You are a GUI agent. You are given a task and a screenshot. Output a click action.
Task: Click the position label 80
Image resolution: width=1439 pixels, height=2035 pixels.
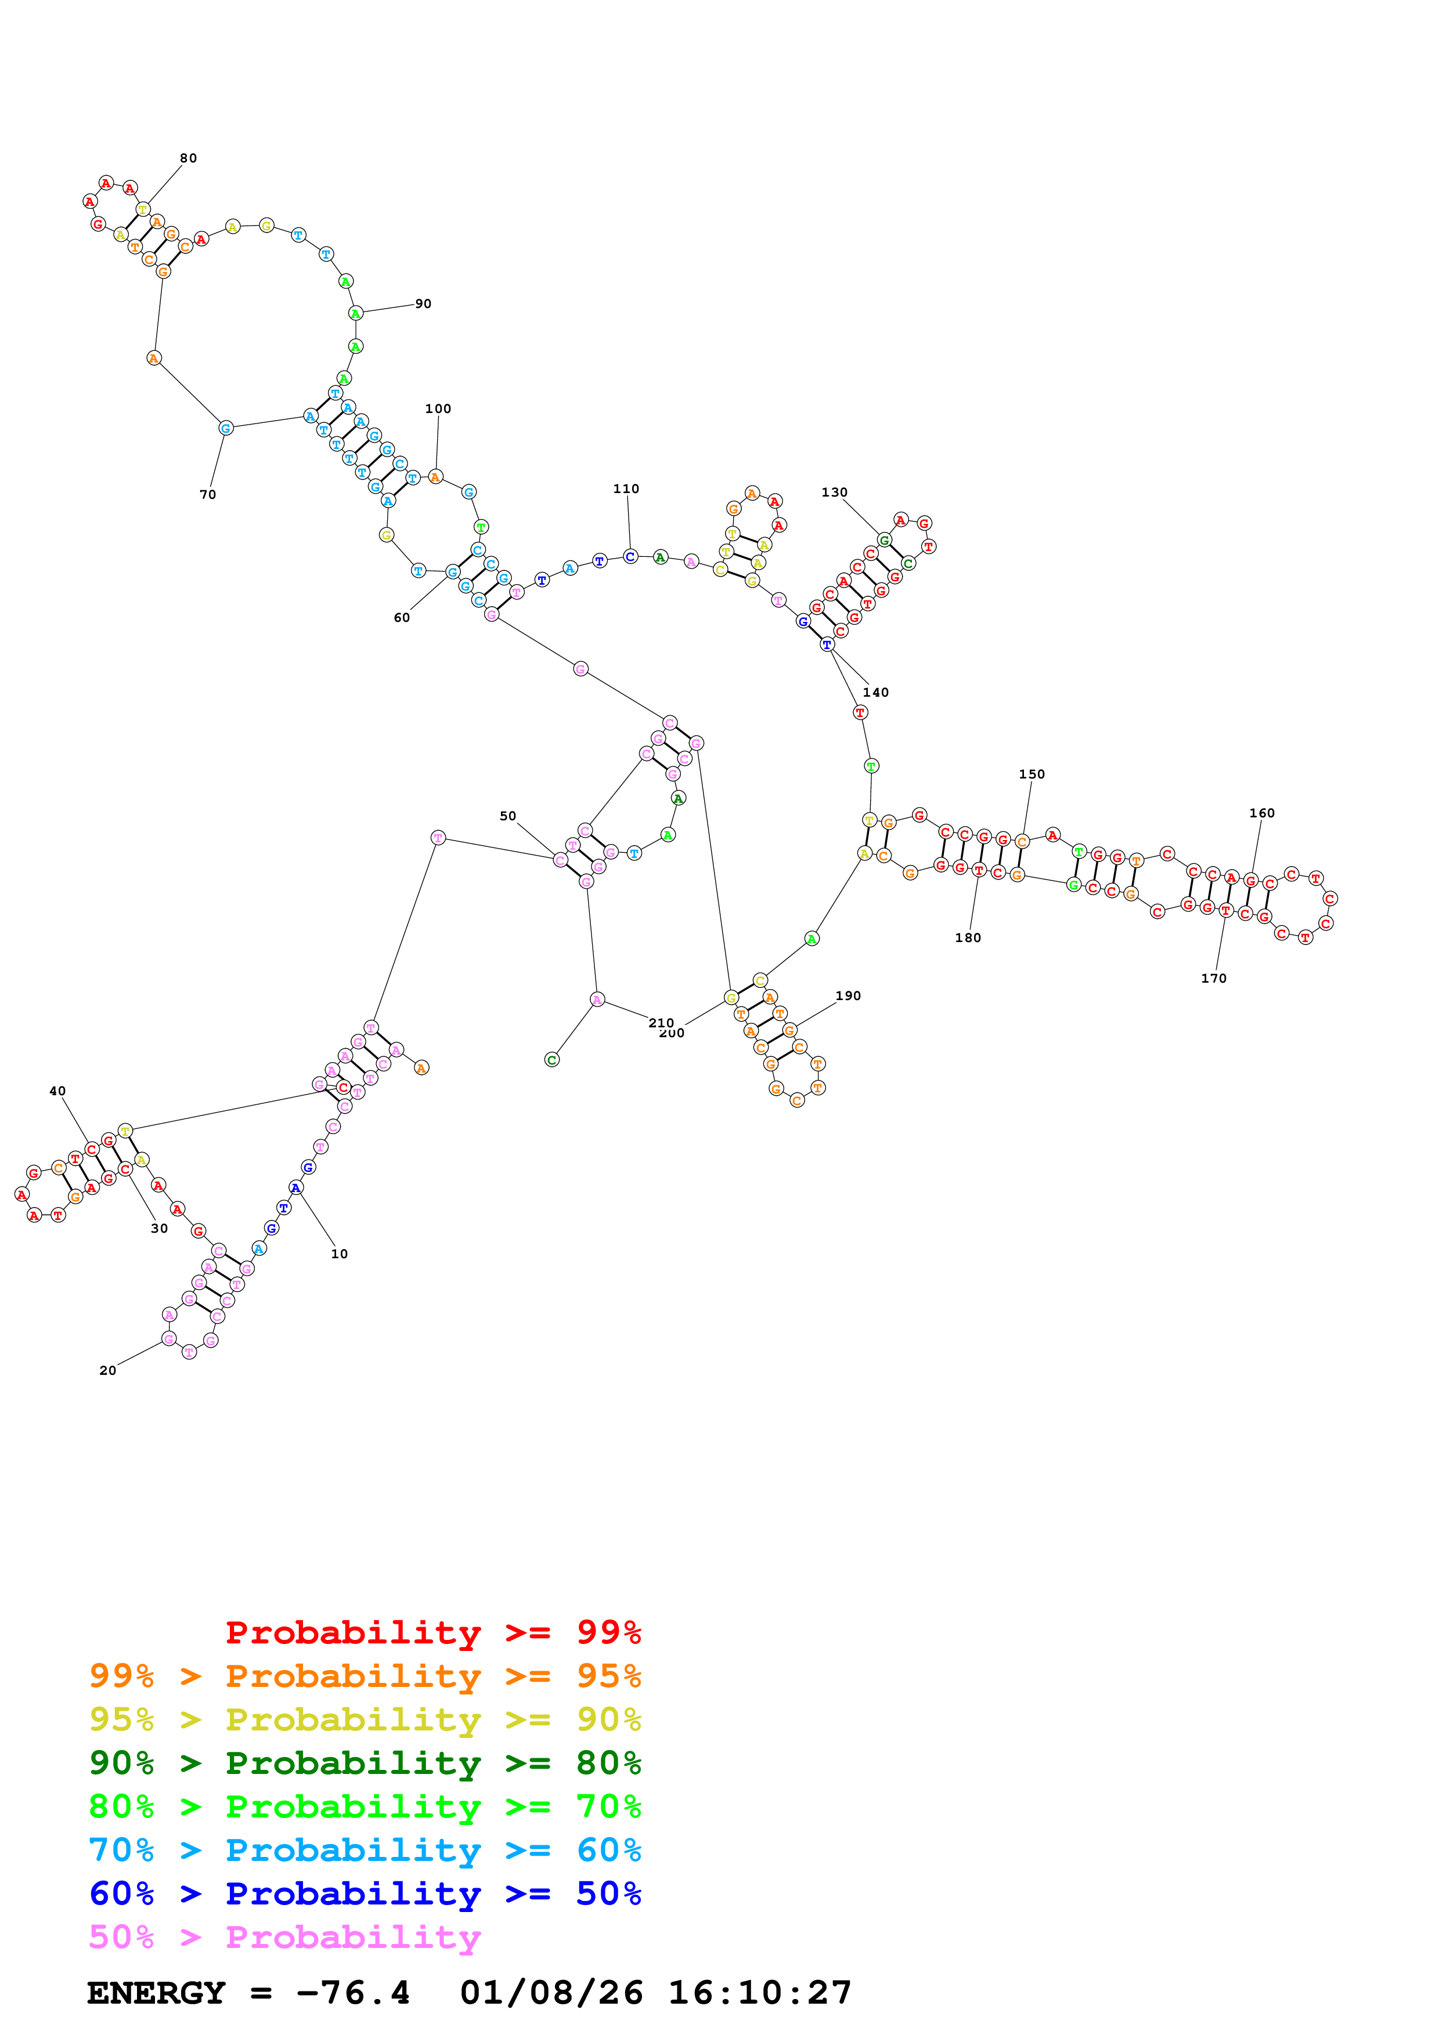pos(188,158)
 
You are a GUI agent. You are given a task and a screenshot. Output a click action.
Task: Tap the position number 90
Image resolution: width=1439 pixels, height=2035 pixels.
pos(423,304)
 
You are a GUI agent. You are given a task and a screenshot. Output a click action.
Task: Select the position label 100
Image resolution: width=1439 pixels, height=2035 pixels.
pos(438,408)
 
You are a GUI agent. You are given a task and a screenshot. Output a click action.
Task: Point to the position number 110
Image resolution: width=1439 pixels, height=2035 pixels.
pos(626,488)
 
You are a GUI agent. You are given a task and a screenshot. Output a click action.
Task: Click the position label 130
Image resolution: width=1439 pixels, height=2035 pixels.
pos(834,492)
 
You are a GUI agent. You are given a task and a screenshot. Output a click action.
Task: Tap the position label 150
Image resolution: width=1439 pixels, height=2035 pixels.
pos(1032,774)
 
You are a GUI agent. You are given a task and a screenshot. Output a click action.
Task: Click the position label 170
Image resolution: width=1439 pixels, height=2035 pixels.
pos(1214,979)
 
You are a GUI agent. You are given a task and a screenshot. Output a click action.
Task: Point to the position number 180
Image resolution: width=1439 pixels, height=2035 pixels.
pos(968,937)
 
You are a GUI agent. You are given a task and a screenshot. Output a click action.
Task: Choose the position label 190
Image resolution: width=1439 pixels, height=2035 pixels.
pos(849,995)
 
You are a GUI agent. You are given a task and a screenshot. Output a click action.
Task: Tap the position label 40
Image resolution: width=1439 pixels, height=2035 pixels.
pos(57,1091)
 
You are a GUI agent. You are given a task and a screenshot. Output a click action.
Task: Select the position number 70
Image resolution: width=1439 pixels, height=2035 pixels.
pos(207,495)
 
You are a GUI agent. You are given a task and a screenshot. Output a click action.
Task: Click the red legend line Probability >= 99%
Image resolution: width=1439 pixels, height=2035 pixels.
pos(432,1632)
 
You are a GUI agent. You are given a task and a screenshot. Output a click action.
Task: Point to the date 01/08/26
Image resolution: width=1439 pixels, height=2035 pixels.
pos(551,1993)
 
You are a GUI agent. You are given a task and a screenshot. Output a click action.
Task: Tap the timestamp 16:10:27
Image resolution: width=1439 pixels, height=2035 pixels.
pos(760,1993)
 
